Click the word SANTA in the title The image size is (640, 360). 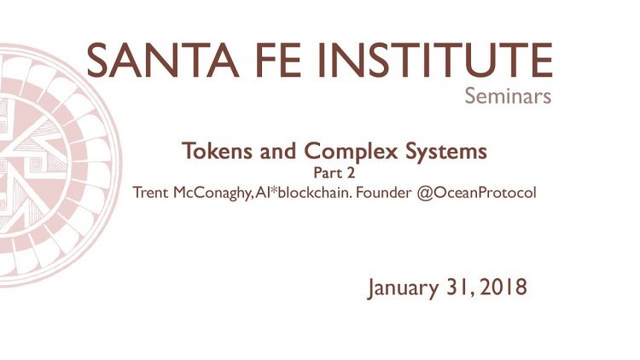click(162, 60)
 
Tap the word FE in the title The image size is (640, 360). click(278, 60)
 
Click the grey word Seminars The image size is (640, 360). click(508, 96)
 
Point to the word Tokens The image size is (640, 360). click(217, 151)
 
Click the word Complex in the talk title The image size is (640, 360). click(351, 152)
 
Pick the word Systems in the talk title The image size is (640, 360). click(446, 152)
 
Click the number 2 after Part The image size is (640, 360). click(351, 173)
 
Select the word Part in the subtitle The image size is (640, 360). click(328, 173)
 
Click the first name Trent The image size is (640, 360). click(150, 193)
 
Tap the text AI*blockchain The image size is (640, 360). click(303, 193)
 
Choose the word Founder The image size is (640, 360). click(384, 193)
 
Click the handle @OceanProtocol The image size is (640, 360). click(476, 193)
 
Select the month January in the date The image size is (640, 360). click(403, 287)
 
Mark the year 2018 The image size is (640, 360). click(503, 287)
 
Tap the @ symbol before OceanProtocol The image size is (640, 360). click(424, 193)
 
